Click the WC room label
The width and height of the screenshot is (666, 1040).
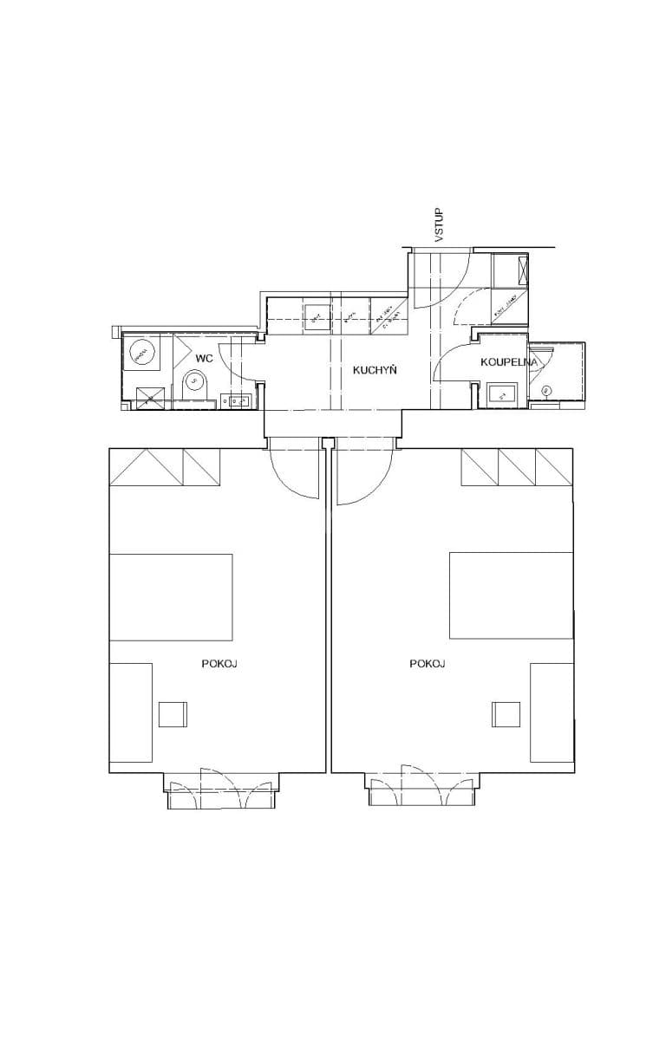point(204,358)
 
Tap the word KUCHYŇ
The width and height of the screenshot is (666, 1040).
point(375,370)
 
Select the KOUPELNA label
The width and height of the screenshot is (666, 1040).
point(509,361)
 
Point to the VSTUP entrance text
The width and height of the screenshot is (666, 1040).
point(439,224)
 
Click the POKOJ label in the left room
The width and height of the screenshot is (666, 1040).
point(219,664)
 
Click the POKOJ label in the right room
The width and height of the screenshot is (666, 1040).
point(428,664)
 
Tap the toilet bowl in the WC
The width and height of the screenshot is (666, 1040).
point(194,381)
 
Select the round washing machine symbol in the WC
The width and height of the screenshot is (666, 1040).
point(140,352)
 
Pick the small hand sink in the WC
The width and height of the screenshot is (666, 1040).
point(237,400)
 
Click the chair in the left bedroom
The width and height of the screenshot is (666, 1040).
point(173,713)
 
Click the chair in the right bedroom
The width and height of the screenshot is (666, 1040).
point(506,713)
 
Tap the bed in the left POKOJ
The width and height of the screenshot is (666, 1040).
point(171,596)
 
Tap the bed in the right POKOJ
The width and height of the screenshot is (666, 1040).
point(511,595)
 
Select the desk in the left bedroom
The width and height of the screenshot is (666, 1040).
point(131,717)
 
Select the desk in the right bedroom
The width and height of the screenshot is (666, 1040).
point(552,717)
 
